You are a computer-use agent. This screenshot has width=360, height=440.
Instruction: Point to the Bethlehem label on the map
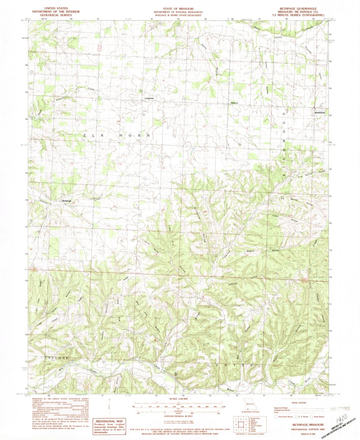pos(319,112)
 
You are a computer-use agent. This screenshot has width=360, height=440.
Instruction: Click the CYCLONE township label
pos(57,358)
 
